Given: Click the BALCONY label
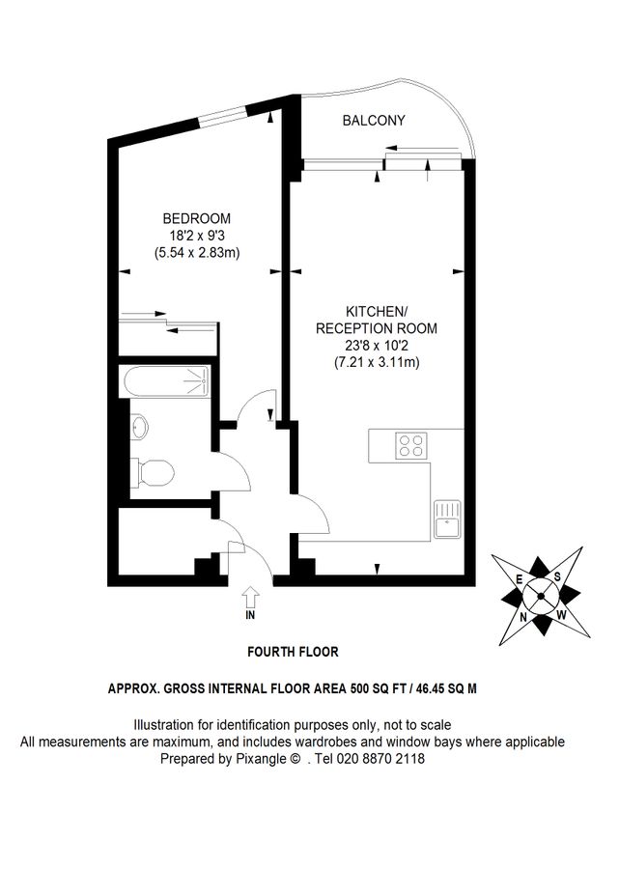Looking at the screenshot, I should point(374,121).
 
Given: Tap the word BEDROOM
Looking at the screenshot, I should point(196,218).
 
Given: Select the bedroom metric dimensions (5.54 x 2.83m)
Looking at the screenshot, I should point(196,253).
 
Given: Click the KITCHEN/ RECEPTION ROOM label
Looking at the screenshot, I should point(376,320).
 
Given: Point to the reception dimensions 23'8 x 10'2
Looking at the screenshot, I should point(376,346).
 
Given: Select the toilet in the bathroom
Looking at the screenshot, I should point(153,472).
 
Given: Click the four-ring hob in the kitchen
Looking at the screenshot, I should point(411,445).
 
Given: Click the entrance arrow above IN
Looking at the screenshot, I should point(250,595).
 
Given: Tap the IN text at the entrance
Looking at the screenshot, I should point(250,614).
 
